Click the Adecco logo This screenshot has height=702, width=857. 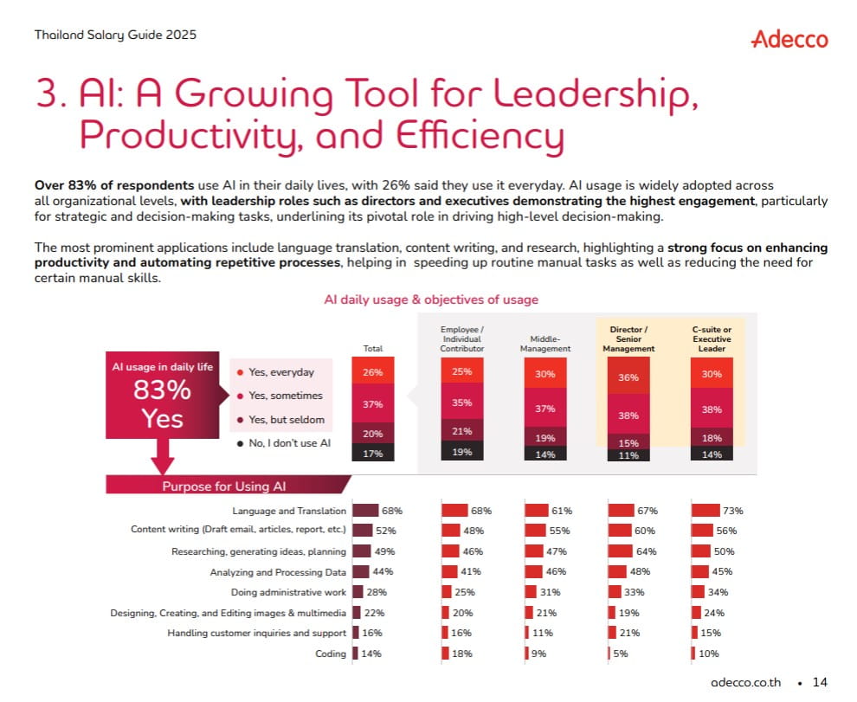tap(789, 39)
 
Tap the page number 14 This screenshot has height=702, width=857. tap(820, 682)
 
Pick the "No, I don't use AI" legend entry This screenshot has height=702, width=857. tap(284, 443)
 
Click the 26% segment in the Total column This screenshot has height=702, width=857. tap(373, 371)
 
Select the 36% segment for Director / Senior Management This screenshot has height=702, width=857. tap(628, 377)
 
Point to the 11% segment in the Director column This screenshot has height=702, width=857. tap(628, 455)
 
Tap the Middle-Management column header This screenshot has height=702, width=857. tap(544, 344)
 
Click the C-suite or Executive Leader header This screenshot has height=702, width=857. tap(712, 339)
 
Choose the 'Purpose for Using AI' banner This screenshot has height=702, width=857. tap(224, 486)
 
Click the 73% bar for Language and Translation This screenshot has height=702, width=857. tap(706, 510)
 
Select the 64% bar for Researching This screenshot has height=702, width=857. tap(621, 551)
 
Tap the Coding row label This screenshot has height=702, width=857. tap(331, 654)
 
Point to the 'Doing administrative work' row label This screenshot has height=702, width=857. tap(288, 592)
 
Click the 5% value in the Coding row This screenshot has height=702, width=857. tap(621, 654)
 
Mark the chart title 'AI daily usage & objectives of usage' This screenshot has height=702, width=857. tap(431, 299)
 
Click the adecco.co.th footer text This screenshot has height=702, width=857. tap(745, 682)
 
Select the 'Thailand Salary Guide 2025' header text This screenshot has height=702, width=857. tap(115, 35)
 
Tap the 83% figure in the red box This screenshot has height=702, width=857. tap(163, 390)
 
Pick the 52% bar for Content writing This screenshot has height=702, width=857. tap(363, 531)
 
